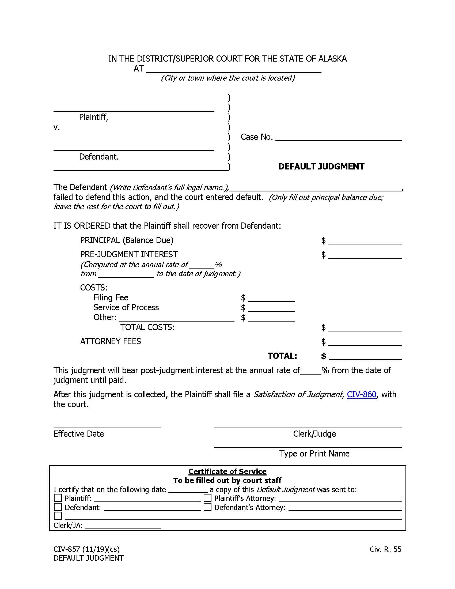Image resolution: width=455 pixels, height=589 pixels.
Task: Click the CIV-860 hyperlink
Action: coord(361,395)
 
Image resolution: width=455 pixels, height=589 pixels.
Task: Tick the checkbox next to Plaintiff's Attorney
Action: coord(207,498)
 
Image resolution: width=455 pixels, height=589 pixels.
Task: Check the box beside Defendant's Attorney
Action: coord(207,507)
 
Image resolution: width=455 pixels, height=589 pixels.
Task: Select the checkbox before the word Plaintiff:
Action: coord(58,498)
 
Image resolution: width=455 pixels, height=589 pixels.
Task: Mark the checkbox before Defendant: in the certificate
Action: coord(58,507)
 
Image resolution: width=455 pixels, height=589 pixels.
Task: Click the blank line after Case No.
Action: coord(338,138)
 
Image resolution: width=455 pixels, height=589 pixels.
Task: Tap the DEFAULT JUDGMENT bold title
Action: coord(321,167)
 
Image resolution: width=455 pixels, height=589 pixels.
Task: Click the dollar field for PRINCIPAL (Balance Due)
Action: coord(365,241)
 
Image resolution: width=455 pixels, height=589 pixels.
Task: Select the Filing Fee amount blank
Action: coord(271,298)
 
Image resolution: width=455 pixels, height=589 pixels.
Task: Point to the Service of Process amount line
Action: coord(271,308)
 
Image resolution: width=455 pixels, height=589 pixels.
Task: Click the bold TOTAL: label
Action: coord(282,356)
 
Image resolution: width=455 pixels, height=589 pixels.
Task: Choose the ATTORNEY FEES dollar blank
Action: coord(365,342)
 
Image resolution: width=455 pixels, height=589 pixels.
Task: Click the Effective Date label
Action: coord(78,434)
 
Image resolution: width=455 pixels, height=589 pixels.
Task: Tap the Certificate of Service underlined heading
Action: coord(227,471)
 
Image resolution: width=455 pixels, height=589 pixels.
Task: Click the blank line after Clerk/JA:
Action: coord(123,526)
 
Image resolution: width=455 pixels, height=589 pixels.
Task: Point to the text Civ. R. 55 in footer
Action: coord(385,549)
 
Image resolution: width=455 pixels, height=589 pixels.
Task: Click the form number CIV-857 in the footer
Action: coord(67,549)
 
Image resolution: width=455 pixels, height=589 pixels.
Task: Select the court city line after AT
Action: coord(233,69)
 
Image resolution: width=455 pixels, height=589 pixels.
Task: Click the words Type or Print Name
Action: coord(314,454)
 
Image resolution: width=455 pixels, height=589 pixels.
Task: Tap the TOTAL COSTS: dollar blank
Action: coord(365,328)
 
